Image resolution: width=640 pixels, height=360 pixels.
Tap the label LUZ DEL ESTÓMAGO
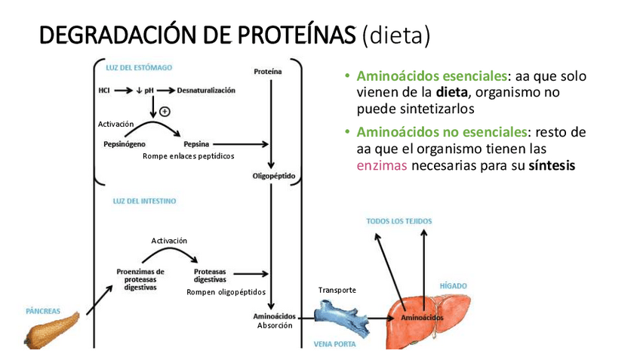pos(143,67)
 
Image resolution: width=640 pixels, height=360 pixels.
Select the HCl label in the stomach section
pos(104,91)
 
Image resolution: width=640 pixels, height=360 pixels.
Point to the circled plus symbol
pos(165,111)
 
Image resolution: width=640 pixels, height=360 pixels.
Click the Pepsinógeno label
pos(125,143)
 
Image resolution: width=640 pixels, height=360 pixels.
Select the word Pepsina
pos(196,143)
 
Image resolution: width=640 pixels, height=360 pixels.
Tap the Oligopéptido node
pos(274,177)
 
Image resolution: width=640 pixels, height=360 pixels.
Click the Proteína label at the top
pos(268,72)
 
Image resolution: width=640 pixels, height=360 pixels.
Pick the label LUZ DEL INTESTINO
pos(144,202)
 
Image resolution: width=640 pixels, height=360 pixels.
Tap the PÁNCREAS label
pos(42,310)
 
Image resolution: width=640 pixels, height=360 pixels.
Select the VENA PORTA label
pos(334,344)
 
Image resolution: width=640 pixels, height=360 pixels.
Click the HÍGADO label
pos(454,286)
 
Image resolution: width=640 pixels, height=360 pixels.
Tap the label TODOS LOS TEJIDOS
pos(400,221)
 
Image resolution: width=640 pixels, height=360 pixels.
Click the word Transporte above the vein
pos(337,290)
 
